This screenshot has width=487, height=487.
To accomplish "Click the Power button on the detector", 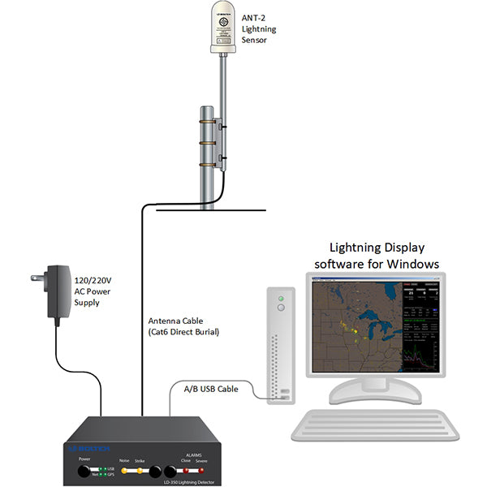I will coord(84,471).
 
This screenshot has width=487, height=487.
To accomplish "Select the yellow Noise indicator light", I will coord(124,471).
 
